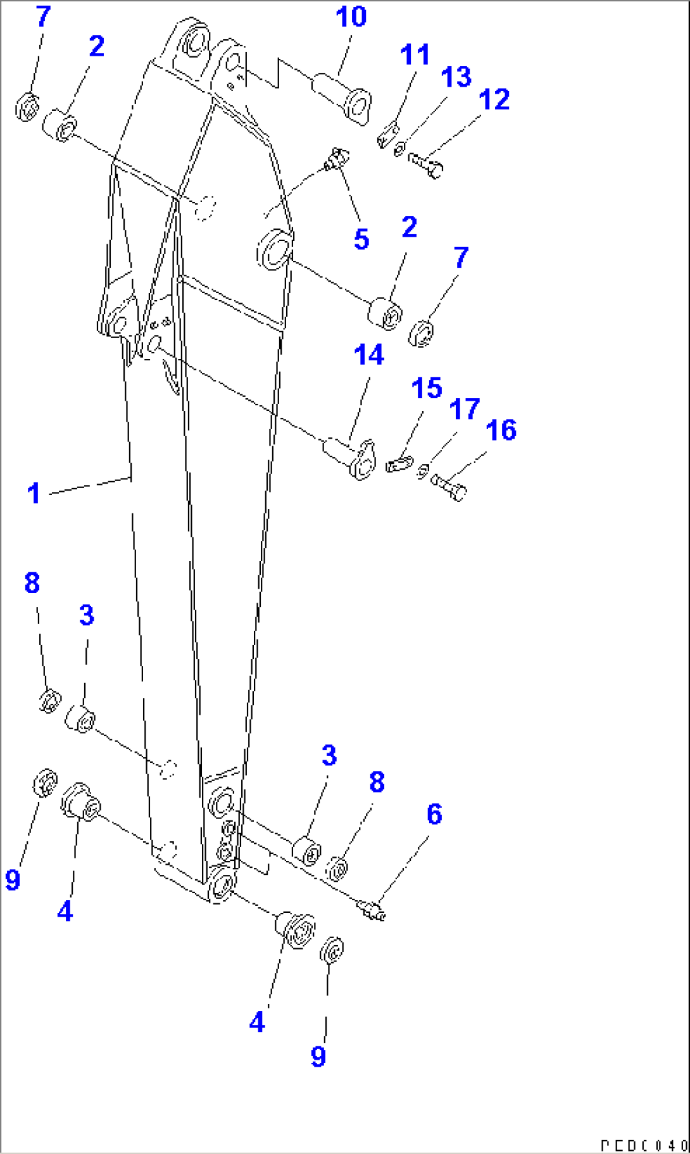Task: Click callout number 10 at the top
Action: (x=351, y=16)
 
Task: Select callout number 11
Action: (x=415, y=55)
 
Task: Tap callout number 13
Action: (x=456, y=77)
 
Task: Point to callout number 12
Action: (x=494, y=99)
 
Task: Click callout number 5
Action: (x=361, y=239)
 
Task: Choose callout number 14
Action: (x=368, y=354)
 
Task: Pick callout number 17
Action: (x=464, y=410)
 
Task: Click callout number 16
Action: (x=501, y=430)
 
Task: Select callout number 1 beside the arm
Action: (x=34, y=493)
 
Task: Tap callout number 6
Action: (x=434, y=814)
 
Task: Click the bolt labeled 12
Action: (x=426, y=164)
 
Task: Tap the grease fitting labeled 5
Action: (x=336, y=158)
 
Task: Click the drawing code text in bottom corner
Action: (x=643, y=1145)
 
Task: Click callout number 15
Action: (x=426, y=388)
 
